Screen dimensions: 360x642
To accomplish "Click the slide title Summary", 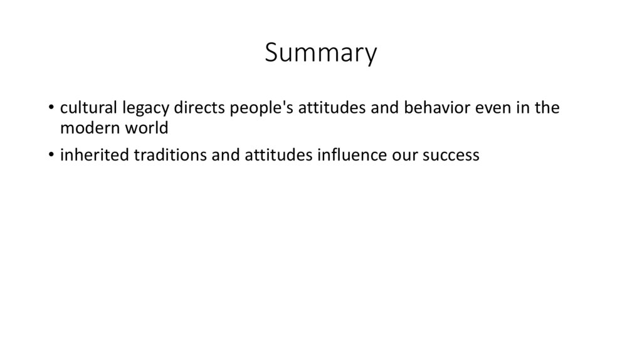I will point(320,53).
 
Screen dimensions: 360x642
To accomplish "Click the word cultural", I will point(85,108).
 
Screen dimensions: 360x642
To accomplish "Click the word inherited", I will point(93,155).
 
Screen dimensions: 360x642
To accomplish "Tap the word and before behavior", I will point(381,108).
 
